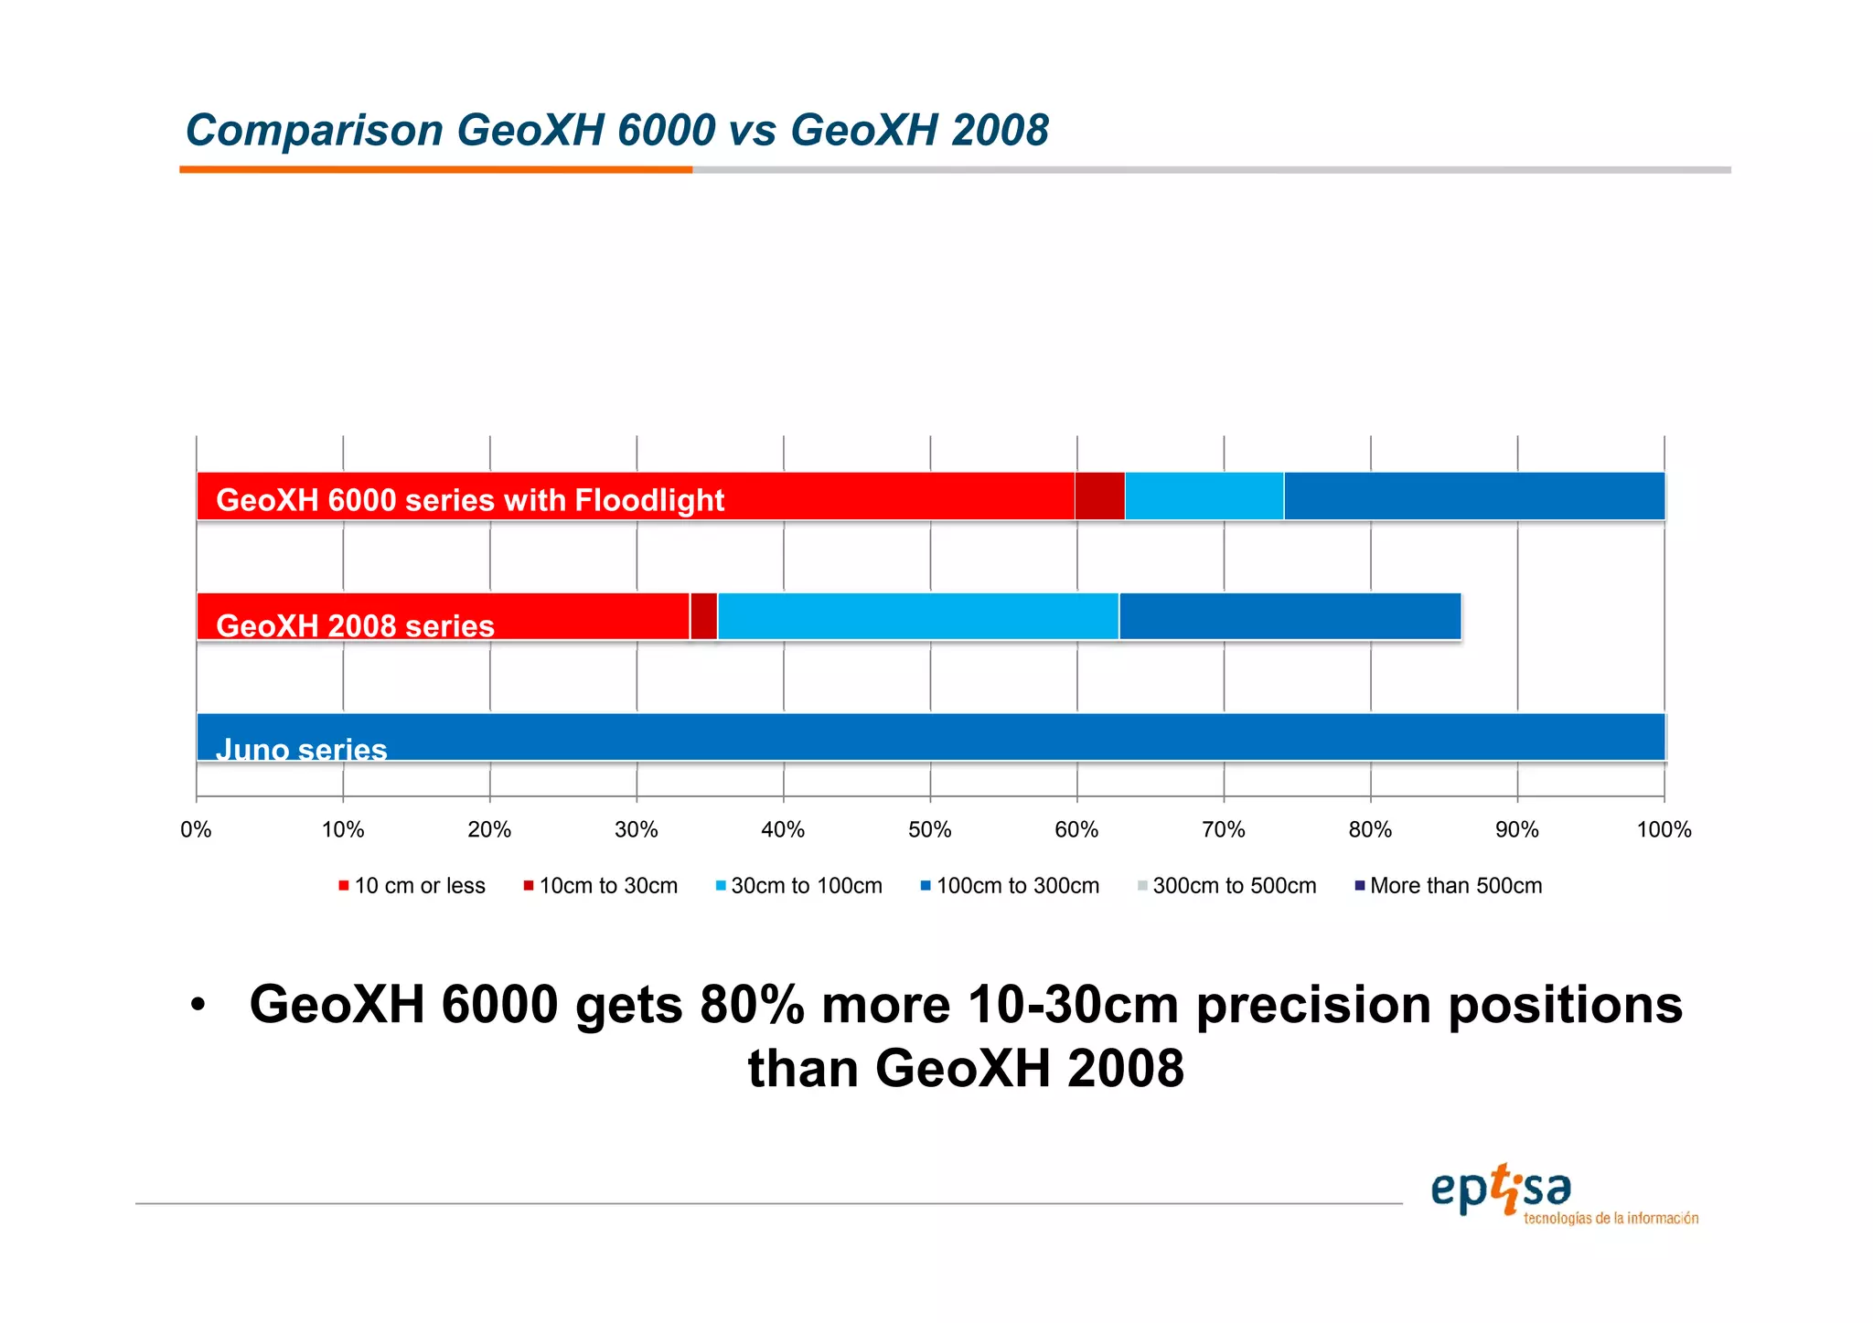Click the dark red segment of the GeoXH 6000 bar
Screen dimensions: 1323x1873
coord(1099,496)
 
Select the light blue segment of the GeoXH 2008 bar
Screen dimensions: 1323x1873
coord(917,616)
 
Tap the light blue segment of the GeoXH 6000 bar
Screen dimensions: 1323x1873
coord(1204,496)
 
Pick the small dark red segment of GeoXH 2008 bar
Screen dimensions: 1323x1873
coord(703,616)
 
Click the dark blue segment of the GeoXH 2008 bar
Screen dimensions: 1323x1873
coord(1290,616)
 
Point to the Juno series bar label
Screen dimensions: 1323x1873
coord(301,750)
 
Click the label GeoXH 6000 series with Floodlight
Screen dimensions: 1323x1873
coord(469,500)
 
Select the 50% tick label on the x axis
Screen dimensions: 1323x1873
coord(929,830)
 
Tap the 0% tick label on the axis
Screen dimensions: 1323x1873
coord(196,830)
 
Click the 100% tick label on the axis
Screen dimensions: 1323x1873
coord(1664,830)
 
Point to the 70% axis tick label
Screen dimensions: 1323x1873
coord(1223,830)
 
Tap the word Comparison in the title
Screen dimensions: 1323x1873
coord(314,131)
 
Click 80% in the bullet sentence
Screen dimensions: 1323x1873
coord(752,1006)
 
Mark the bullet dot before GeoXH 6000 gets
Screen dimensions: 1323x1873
coord(198,1006)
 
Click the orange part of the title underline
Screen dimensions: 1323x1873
coord(435,170)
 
